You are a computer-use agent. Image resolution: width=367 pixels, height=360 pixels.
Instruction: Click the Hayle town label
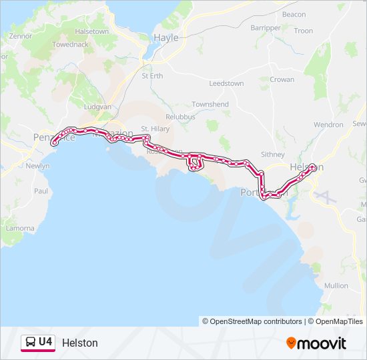tap(166, 38)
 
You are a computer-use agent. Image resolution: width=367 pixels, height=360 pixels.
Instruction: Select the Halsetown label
tap(92, 31)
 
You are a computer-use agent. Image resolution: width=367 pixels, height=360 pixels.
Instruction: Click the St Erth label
tap(152, 76)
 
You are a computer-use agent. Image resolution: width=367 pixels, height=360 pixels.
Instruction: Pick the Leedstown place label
tap(226, 84)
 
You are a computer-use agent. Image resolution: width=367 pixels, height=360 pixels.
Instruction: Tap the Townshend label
tap(210, 105)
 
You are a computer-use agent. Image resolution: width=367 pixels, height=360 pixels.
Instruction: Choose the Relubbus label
tap(180, 117)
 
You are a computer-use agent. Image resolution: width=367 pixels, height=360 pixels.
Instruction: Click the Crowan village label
tap(282, 79)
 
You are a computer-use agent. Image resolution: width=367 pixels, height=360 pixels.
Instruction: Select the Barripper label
tap(266, 28)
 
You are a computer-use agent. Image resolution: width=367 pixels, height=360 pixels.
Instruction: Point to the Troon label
tap(303, 31)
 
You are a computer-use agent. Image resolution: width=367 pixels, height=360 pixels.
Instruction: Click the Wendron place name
tap(328, 125)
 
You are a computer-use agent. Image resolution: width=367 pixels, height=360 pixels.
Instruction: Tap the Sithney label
tap(272, 154)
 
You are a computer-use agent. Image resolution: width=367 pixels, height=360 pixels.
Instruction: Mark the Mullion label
tap(336, 285)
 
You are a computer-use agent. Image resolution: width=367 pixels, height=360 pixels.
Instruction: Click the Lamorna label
tap(20, 228)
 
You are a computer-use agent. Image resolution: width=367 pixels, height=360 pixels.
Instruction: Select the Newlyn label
tap(37, 166)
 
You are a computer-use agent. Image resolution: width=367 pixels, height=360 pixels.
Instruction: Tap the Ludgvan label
tap(97, 107)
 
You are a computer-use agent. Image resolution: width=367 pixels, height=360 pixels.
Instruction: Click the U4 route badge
tap(38, 342)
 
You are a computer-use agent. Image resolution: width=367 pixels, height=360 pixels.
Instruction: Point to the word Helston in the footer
tap(79, 343)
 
